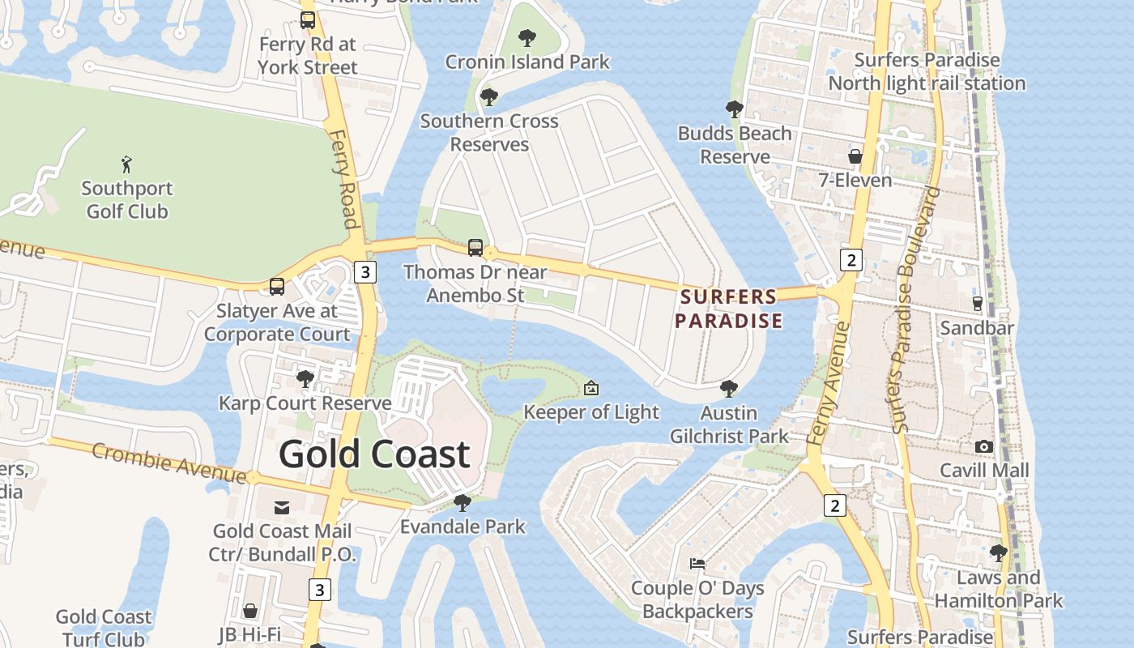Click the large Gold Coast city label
pos(374,454)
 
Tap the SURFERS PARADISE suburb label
pos(729,309)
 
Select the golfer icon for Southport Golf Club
pos(126,165)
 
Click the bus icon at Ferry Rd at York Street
pos(308,20)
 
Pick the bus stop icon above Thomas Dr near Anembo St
pos(475,248)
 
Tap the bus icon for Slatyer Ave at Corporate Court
pos(277,287)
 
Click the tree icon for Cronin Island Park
pos(527,37)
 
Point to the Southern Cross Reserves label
pos(489,133)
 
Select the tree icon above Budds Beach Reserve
pos(734,109)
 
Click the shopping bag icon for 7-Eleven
pos(855,156)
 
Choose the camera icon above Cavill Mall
pos(984,446)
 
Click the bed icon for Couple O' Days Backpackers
pos(697,563)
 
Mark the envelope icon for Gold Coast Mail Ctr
pos(282,508)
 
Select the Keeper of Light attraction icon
pos(591,388)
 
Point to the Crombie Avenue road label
pos(168,463)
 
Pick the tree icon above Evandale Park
pos(463,503)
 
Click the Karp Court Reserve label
pos(305,403)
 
